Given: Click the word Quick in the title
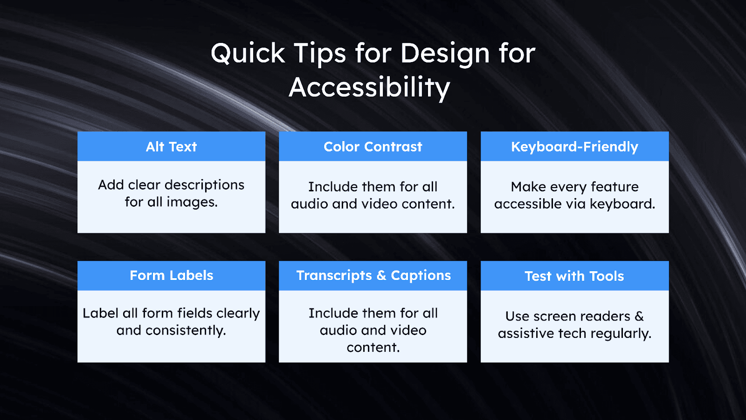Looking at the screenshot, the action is click(248, 54).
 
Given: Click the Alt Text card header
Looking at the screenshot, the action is click(171, 147).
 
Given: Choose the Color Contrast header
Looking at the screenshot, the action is click(373, 147).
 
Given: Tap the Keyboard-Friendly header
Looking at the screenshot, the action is click(574, 147).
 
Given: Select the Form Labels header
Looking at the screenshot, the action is click(171, 276).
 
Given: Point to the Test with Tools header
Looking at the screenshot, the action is click(574, 276).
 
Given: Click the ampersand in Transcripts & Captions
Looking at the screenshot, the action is click(381, 276).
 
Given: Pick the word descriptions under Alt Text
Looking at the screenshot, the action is click(204, 185).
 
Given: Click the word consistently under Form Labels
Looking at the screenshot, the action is click(186, 330).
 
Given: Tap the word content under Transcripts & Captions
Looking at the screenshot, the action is click(373, 348).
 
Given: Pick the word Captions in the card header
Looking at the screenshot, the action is click(421, 276).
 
